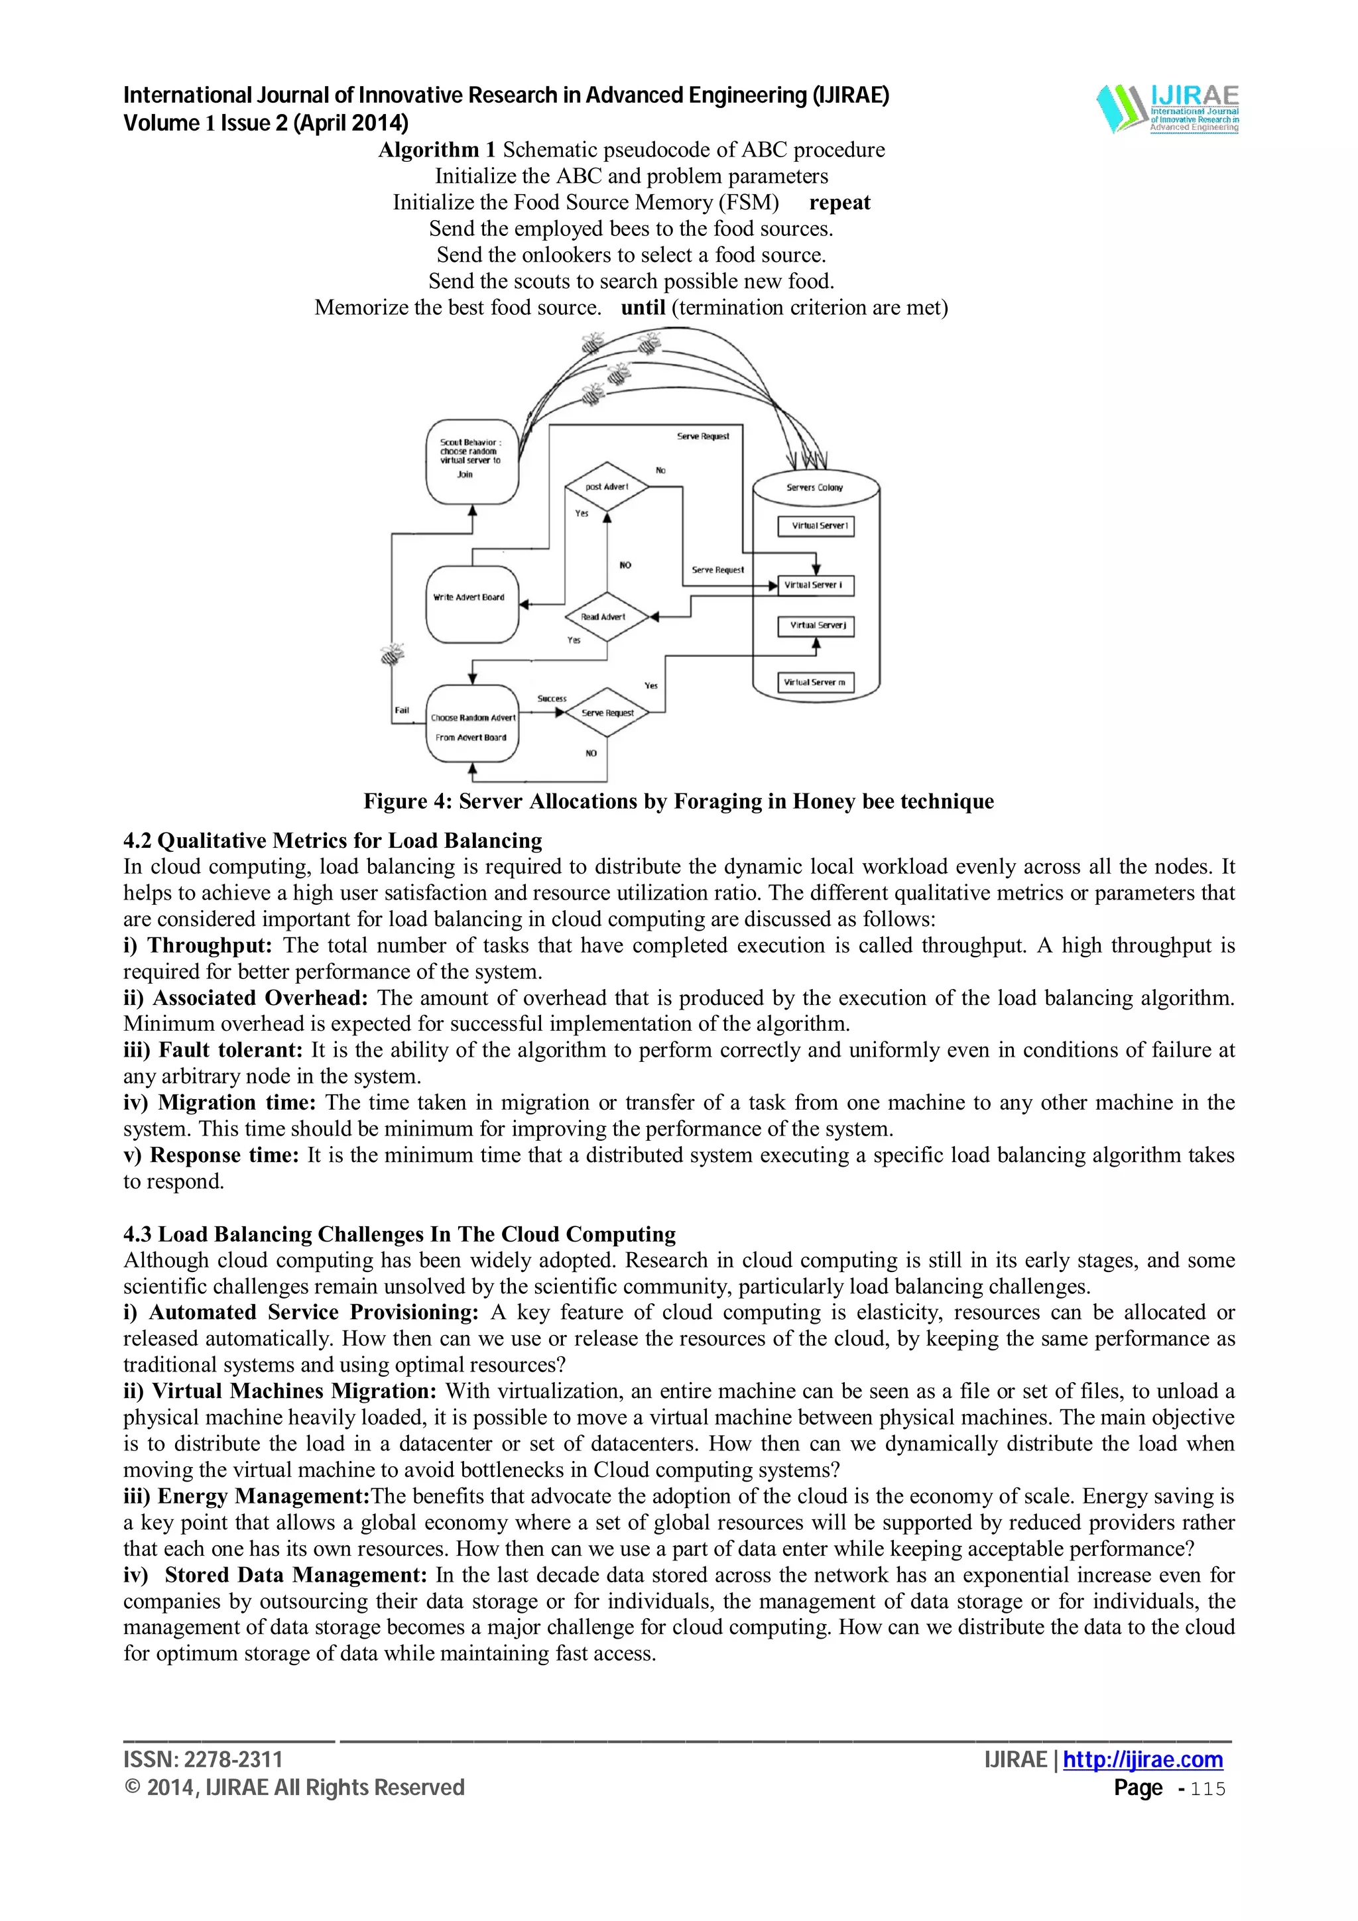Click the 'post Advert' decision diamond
click(x=607, y=486)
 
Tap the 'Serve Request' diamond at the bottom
click(x=607, y=713)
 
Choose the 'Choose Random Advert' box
click(x=472, y=725)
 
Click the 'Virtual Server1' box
click(x=816, y=526)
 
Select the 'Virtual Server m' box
click(x=816, y=683)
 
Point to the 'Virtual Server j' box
click(x=816, y=626)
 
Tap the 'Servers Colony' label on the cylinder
click(x=814, y=487)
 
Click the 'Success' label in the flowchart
click(x=552, y=698)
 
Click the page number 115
click(x=1207, y=1789)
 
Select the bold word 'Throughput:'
click(x=209, y=945)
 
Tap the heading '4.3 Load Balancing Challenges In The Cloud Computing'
click(x=399, y=1234)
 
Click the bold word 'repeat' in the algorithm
click(x=839, y=202)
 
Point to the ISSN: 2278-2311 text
click(x=202, y=1759)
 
